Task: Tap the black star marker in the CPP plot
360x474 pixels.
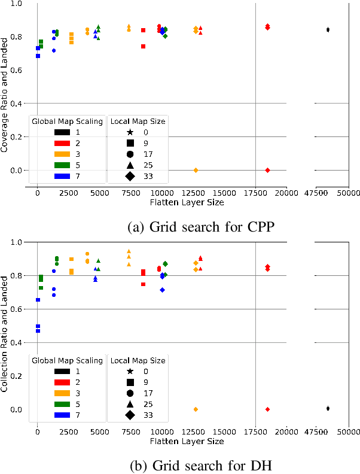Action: [328, 29]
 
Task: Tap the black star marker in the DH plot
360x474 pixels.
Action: [328, 408]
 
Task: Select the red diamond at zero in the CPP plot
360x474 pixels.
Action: [267, 170]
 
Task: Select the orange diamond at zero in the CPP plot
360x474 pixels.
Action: [196, 170]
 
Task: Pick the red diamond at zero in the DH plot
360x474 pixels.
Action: [267, 409]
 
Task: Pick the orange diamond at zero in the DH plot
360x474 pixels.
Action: [196, 409]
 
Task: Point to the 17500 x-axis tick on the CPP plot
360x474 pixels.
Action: [255, 194]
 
